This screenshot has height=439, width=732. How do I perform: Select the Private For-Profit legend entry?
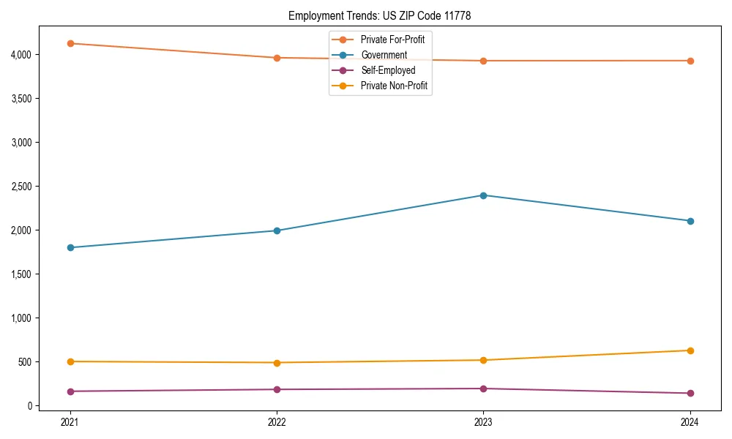[x=392, y=40]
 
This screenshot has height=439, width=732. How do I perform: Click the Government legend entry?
[x=384, y=55]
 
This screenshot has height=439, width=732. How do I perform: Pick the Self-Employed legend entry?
[x=388, y=71]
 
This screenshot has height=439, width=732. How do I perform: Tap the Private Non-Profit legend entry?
[x=394, y=86]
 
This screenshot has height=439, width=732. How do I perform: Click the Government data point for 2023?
[x=483, y=195]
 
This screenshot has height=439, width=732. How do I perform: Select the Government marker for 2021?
[x=70, y=247]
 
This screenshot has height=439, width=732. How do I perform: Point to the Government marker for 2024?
[x=690, y=221]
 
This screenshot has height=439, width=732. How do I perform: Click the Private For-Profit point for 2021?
[x=70, y=43]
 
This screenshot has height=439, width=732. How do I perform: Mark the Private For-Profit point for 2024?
[x=690, y=61]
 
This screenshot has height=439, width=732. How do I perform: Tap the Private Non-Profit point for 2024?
[x=690, y=350]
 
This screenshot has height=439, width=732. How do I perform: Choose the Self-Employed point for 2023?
[x=483, y=389]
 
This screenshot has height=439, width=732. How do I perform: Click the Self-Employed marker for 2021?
[x=70, y=391]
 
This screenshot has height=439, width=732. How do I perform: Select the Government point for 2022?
[x=277, y=230]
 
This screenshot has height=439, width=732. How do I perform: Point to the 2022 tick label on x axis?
[x=277, y=421]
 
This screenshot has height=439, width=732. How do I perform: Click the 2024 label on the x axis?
[x=690, y=421]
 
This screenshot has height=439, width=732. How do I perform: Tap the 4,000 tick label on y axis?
[x=20, y=55]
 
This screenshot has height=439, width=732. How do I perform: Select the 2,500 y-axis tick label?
[x=20, y=187]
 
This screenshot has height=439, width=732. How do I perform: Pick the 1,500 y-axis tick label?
[x=20, y=274]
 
